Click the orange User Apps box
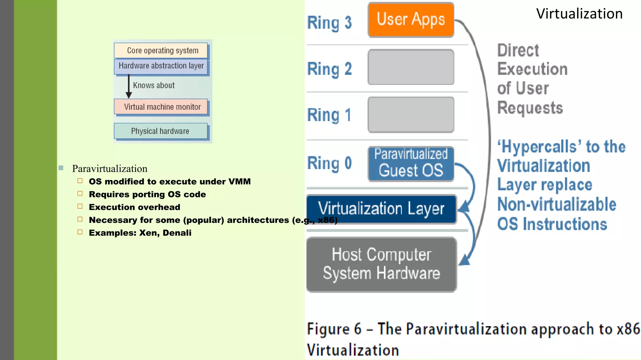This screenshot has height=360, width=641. point(411,20)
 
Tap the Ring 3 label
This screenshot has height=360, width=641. point(329,23)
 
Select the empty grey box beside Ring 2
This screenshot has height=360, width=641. point(411,67)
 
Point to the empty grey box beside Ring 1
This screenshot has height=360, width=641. point(411,115)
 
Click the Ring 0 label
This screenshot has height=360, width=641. point(329,163)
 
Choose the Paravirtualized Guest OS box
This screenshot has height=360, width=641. point(411,164)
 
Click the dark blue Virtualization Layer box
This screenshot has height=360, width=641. point(381,209)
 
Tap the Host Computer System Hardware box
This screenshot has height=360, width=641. point(381,264)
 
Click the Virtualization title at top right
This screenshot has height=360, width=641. point(579,14)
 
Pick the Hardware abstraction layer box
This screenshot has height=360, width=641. point(161,66)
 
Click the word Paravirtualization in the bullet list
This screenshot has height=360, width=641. point(110,169)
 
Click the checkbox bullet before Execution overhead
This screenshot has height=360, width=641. point(80,207)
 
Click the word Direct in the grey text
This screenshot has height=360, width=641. point(518,50)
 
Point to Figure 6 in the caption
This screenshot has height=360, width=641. point(334,329)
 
